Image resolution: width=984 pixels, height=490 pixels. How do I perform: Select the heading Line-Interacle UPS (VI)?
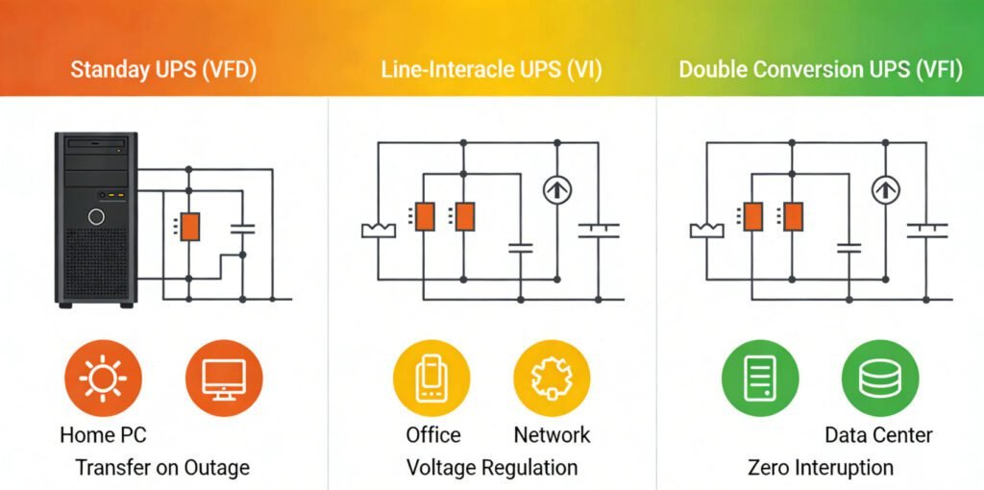[491, 70]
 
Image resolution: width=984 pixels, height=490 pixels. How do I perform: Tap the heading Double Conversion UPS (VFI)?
[820, 70]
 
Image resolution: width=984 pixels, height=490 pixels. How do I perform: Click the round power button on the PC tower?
[96, 216]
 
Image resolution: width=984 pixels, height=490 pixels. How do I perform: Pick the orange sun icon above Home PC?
[103, 379]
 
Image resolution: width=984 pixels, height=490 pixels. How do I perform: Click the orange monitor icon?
[223, 379]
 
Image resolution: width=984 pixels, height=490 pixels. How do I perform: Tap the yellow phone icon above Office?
[431, 379]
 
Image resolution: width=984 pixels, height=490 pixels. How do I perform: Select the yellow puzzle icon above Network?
[552, 379]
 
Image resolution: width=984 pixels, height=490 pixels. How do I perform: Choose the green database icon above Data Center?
[879, 379]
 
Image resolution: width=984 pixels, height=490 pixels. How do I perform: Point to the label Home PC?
[104, 434]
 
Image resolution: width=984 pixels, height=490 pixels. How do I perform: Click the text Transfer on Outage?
[162, 468]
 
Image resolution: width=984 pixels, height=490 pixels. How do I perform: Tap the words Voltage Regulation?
[492, 468]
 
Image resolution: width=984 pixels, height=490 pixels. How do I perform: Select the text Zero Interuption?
[820, 468]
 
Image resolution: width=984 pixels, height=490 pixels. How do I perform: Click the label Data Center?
[878, 434]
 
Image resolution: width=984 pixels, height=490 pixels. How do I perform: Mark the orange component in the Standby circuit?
[190, 227]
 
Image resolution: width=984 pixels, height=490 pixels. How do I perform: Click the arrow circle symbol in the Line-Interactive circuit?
[553, 190]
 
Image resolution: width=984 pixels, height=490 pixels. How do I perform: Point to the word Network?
[552, 434]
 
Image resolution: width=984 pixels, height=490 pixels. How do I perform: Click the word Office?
[432, 434]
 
